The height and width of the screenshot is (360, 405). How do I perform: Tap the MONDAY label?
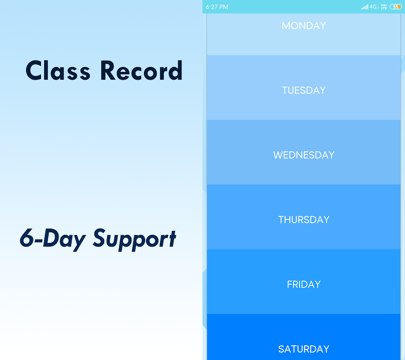(304, 26)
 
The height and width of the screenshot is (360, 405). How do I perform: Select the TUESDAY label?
(304, 90)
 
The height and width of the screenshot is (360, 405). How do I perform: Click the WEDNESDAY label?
(304, 155)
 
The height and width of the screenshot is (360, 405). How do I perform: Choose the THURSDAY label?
(304, 220)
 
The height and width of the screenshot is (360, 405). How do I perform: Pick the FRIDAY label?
(304, 284)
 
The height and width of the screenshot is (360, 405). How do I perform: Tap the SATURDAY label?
(304, 349)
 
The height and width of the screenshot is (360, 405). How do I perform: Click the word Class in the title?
(58, 70)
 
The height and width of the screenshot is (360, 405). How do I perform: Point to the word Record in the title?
(141, 70)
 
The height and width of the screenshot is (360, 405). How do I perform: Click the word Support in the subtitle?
(134, 239)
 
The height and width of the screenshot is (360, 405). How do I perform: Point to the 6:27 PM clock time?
(217, 7)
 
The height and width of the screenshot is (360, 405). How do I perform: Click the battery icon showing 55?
(396, 7)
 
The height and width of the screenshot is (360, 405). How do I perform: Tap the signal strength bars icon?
(364, 7)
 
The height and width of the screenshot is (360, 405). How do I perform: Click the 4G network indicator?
(373, 7)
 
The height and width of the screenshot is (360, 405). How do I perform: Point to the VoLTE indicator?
(384, 7)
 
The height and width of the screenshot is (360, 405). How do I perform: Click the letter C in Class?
(35, 71)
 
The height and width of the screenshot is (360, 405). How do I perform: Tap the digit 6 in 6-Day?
(27, 238)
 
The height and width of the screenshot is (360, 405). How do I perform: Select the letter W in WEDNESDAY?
(278, 155)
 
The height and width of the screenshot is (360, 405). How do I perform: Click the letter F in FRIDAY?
(289, 284)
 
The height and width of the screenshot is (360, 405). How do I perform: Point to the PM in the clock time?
(224, 7)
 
